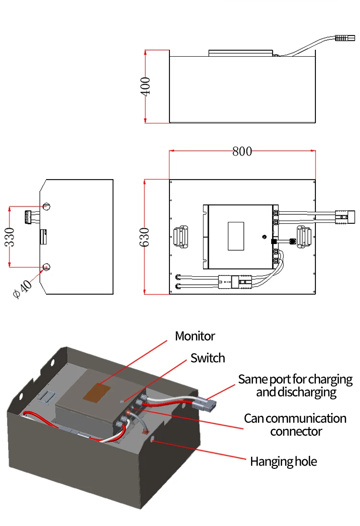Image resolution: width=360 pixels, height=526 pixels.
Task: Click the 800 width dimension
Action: coord(242,151)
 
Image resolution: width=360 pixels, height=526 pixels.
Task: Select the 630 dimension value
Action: coord(145,237)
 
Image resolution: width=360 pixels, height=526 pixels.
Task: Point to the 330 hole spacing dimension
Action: coord(10,237)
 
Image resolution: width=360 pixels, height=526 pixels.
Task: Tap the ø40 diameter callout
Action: coord(23,289)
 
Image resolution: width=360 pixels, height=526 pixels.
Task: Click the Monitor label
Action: coord(195,336)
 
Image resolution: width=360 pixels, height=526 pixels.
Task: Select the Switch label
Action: coord(207,358)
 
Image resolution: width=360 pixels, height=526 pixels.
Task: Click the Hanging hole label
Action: coord(283,462)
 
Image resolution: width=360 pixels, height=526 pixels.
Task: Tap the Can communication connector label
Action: coord(295,425)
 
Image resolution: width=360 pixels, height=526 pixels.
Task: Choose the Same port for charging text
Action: coord(295,385)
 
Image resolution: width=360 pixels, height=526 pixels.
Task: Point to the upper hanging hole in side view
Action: coord(47,207)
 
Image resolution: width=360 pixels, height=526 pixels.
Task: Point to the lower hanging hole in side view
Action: coord(47,267)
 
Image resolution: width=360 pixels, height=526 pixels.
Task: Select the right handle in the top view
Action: coord(304,236)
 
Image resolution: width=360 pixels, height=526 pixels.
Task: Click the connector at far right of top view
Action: coord(344,217)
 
